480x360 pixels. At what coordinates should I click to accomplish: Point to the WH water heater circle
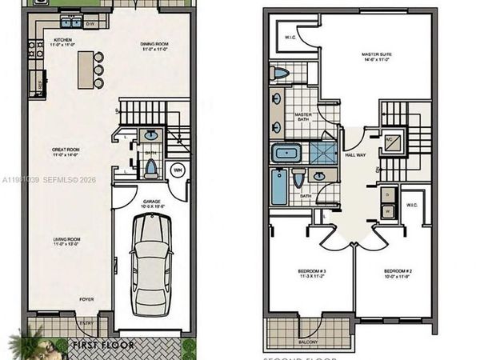[178, 169]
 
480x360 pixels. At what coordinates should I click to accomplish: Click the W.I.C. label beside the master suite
[290, 37]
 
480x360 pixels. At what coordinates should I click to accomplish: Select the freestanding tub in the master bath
[285, 154]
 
